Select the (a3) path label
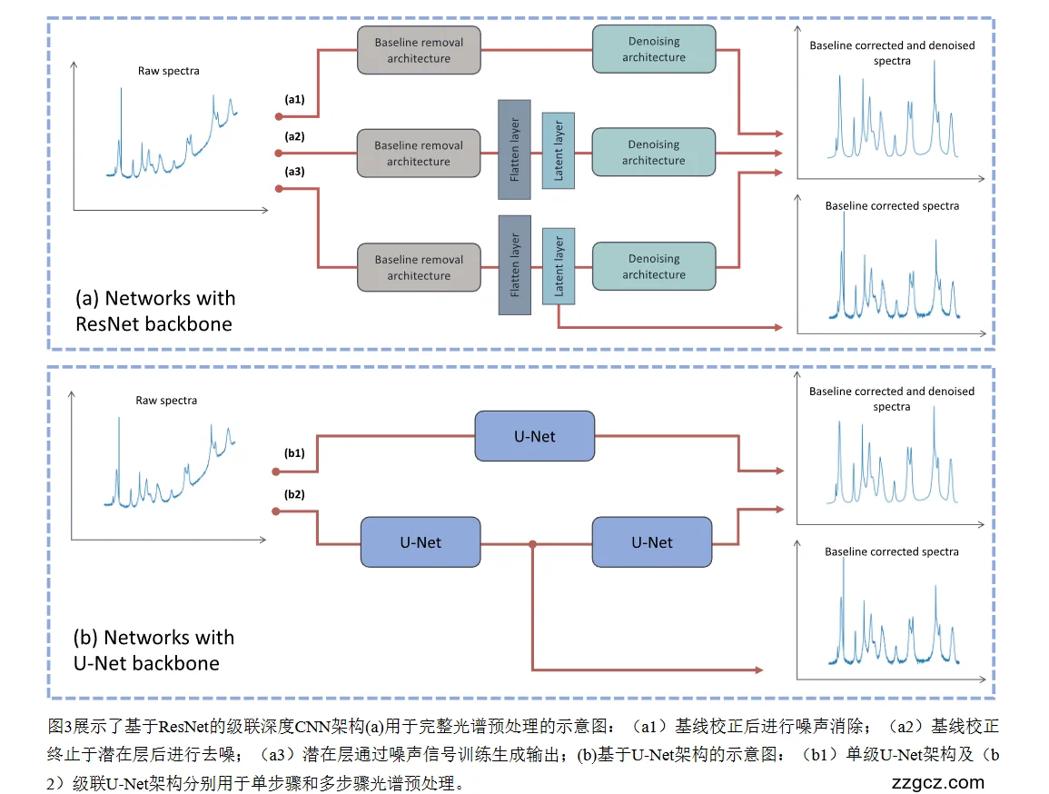pyautogui.click(x=294, y=171)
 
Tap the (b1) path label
pyautogui.click(x=294, y=452)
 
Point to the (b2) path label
pyautogui.click(x=294, y=494)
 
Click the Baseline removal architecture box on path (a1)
pyautogui.click(x=419, y=50)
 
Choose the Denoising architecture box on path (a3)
pyautogui.click(x=654, y=266)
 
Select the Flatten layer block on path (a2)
pyautogui.click(x=514, y=149)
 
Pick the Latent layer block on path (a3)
pyautogui.click(x=559, y=266)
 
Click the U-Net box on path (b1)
pyautogui.click(x=534, y=436)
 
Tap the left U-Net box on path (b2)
pyautogui.click(x=421, y=542)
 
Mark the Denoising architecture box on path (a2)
pyautogui.click(x=654, y=152)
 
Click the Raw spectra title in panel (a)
pyautogui.click(x=169, y=70)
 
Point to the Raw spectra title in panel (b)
pyautogui.click(x=166, y=400)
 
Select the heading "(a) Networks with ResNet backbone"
pyautogui.click(x=154, y=311)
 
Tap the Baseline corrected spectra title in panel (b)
pyautogui.click(x=891, y=551)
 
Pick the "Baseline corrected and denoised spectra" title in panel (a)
pyautogui.click(x=892, y=53)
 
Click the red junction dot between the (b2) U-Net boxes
pyautogui.click(x=533, y=544)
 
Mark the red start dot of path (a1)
pyautogui.click(x=279, y=116)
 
